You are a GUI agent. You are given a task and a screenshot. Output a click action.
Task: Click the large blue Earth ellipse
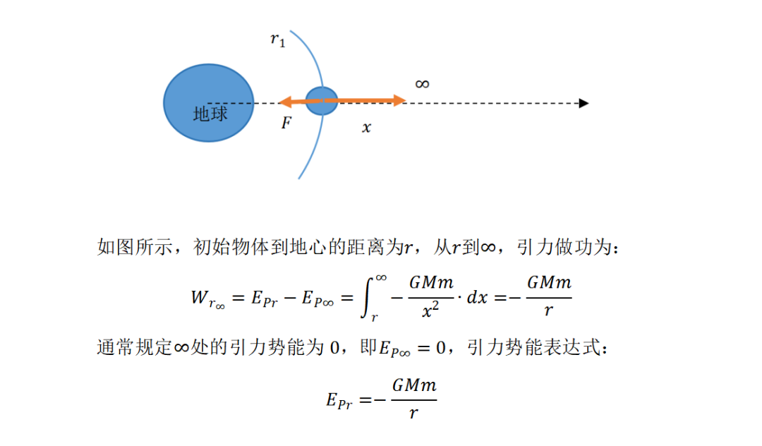point(208,103)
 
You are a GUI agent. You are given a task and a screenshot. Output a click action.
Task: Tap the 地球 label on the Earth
point(210,114)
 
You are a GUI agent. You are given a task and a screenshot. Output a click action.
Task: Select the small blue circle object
point(321,101)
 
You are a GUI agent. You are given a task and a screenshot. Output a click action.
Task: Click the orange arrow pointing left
point(301,102)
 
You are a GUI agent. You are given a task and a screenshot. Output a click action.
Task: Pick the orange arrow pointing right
point(365,101)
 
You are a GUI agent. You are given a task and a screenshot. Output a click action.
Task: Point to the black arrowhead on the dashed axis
point(583,103)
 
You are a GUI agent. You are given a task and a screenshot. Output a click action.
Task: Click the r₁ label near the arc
point(278,40)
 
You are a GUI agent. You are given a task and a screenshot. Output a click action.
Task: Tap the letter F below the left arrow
point(286,122)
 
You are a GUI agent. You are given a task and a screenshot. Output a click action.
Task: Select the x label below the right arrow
point(366,128)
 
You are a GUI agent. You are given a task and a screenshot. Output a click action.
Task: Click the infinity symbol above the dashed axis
point(423,84)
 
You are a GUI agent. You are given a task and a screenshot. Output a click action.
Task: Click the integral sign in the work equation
point(367,297)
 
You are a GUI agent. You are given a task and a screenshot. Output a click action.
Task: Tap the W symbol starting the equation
point(199,297)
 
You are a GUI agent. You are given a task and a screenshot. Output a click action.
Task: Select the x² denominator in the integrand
point(430,310)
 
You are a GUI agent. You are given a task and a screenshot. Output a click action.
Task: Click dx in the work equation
point(477,297)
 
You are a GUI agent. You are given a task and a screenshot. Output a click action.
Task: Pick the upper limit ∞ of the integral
point(381,278)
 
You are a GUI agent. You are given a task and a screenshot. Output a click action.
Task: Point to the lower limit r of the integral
point(374,318)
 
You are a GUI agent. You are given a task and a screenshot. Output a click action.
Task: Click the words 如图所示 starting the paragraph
point(135,247)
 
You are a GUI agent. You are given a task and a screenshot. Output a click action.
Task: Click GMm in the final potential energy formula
point(414,386)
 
